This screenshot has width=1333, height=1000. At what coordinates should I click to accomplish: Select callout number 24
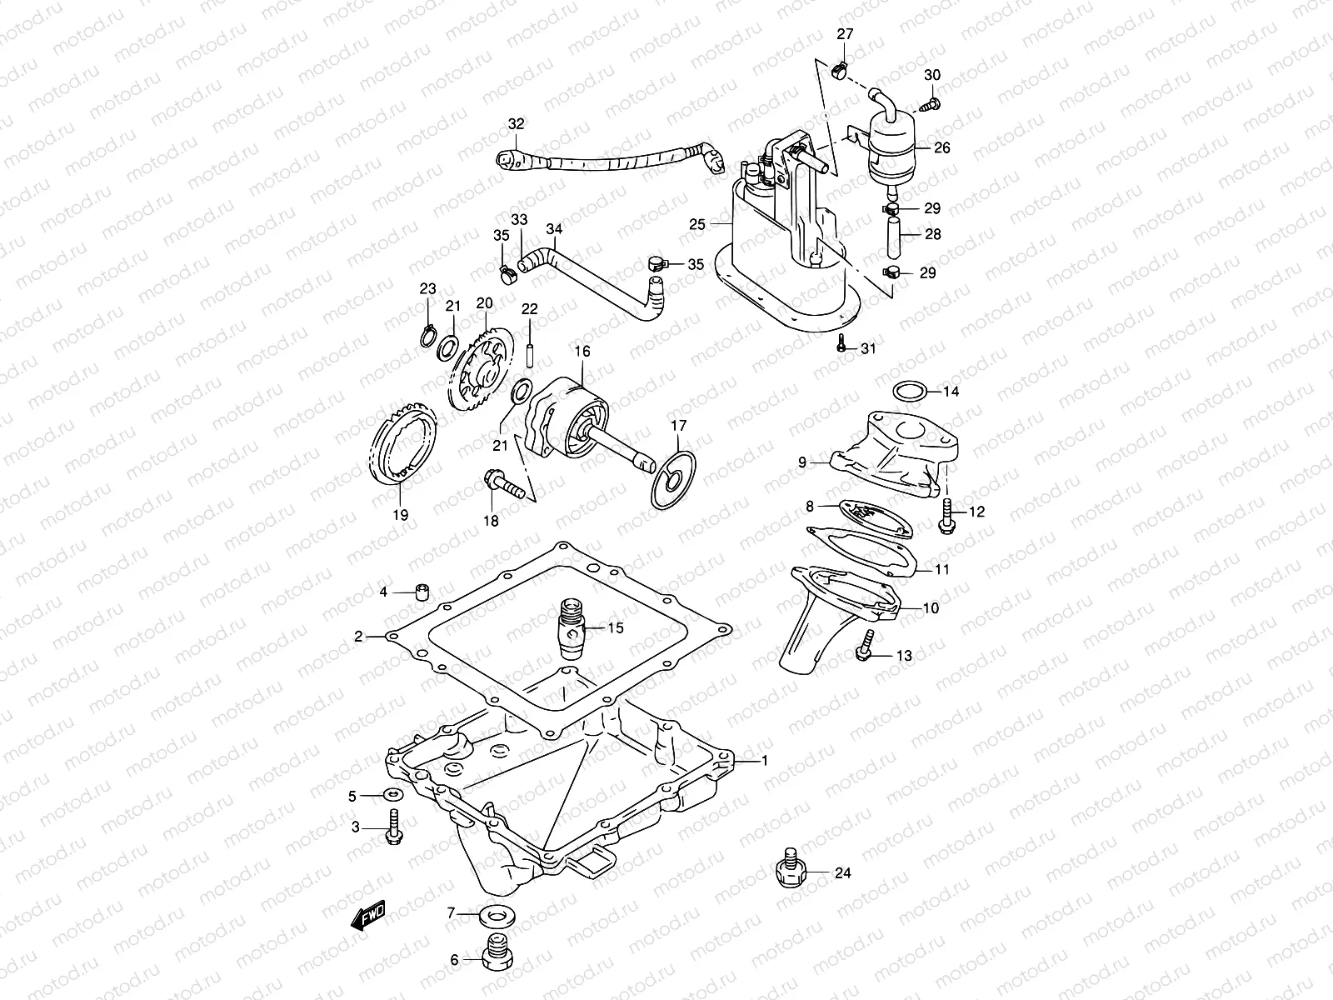[842, 873]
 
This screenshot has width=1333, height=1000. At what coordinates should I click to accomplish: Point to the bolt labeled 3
[393, 827]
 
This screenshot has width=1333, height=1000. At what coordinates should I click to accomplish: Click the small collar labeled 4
[423, 592]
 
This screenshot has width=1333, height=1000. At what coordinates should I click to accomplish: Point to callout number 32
[517, 124]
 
